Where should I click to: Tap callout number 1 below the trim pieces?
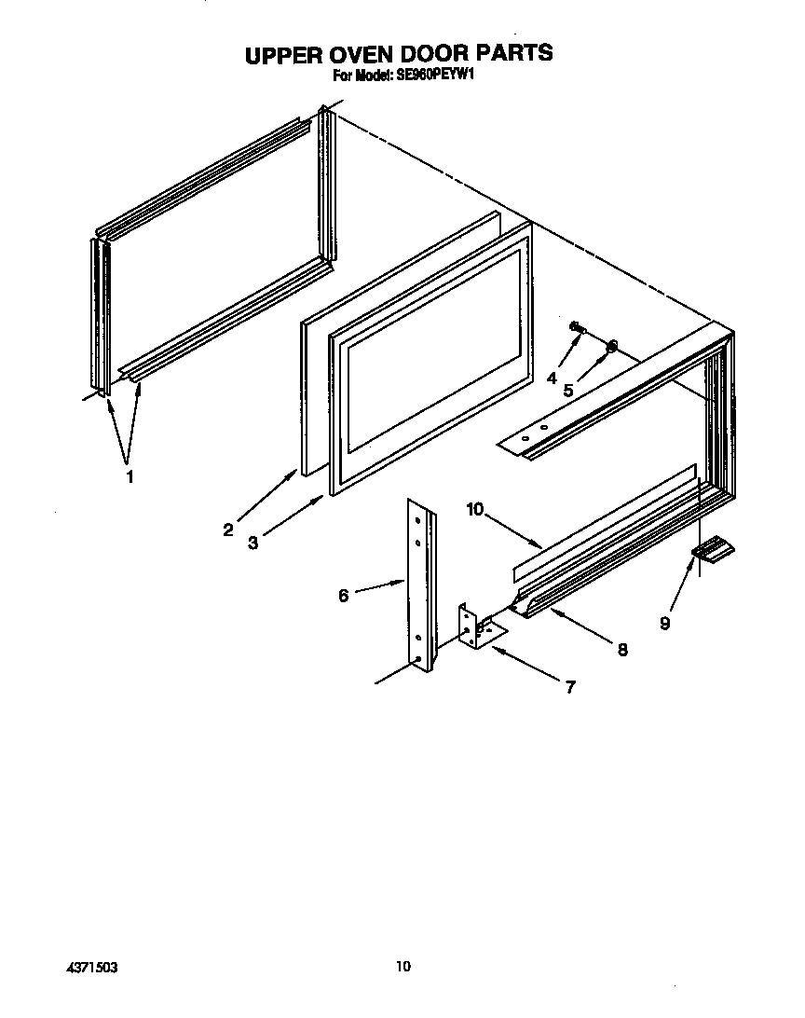tap(130, 476)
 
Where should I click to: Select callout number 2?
tap(228, 530)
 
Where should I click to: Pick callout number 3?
tap(253, 543)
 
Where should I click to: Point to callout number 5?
tap(567, 391)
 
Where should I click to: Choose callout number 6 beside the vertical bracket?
tap(343, 595)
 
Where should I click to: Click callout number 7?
tap(570, 688)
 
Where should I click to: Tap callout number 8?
tap(622, 649)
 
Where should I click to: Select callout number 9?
tap(664, 624)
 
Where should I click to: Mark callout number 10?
tap(476, 509)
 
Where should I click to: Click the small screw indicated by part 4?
tap(577, 326)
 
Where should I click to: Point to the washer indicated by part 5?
tap(611, 348)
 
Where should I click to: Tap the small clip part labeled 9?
tap(714, 552)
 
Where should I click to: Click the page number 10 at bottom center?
tap(402, 967)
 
